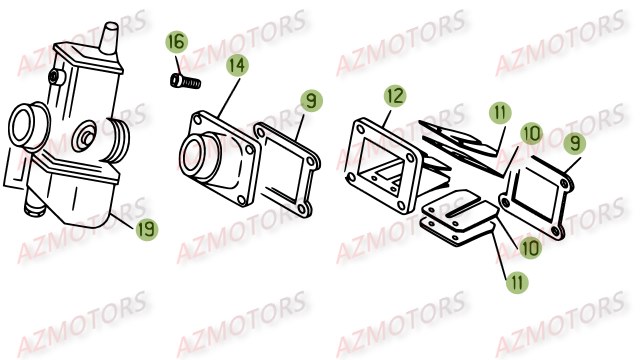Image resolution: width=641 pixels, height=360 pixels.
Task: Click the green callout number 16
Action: click(176, 42)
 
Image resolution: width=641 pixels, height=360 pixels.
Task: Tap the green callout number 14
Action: click(238, 66)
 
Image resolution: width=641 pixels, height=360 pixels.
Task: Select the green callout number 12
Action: click(394, 96)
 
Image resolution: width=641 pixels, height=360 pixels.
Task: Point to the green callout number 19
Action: click(146, 229)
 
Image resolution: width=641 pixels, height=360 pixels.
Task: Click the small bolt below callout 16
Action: click(185, 81)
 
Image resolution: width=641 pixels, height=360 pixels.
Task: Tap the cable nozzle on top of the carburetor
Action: click(110, 38)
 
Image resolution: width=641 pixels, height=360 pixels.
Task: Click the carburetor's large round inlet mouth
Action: click(28, 127)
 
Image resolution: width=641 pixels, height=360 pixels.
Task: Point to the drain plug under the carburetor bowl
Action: click(34, 207)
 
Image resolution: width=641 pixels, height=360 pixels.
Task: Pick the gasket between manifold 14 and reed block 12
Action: click(287, 170)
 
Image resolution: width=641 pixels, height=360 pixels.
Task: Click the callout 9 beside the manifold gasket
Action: click(312, 101)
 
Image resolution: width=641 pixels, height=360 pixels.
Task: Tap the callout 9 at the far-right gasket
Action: click(574, 143)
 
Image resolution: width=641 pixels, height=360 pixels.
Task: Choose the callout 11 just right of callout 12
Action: click(500, 113)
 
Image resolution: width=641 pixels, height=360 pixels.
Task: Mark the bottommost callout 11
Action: click(517, 282)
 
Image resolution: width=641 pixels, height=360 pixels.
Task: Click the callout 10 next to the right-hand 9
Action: click(531, 134)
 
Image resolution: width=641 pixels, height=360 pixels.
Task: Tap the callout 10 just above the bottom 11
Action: click(530, 248)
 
